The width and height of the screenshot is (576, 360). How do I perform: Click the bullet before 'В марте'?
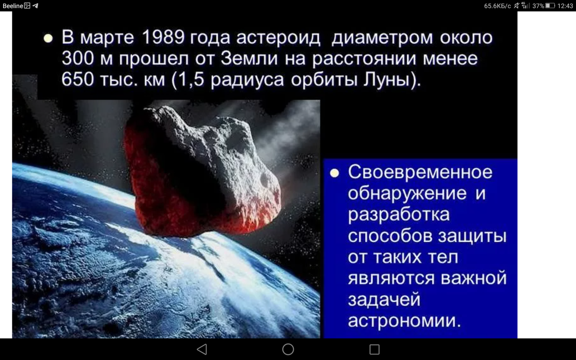click(x=48, y=39)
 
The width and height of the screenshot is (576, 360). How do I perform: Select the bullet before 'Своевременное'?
click(x=334, y=174)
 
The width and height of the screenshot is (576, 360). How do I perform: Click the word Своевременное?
click(x=420, y=172)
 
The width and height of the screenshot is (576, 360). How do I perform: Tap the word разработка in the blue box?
click(x=399, y=215)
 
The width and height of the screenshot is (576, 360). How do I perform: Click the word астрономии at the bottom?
click(x=405, y=321)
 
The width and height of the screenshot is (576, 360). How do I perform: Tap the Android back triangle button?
click(x=202, y=349)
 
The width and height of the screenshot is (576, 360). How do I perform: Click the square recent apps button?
click(x=374, y=349)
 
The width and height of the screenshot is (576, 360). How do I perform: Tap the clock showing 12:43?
click(x=565, y=5)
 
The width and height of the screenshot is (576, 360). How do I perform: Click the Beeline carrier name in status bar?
click(x=13, y=5)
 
